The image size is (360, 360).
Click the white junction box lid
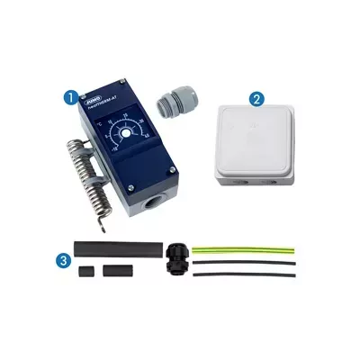[x=254, y=141]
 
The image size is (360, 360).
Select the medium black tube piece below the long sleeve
[x=113, y=270]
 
